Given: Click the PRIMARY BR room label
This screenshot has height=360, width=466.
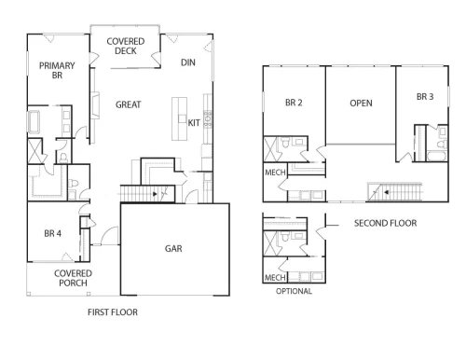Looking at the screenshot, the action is [57, 70].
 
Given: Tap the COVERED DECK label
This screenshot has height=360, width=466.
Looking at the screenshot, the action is [126, 46].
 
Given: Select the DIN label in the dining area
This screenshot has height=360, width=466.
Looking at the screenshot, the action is [188, 62].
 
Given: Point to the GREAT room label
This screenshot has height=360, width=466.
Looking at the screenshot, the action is [129, 104].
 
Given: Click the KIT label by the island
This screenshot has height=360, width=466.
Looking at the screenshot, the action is [194, 123].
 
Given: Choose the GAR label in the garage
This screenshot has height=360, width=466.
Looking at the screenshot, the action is [173, 248].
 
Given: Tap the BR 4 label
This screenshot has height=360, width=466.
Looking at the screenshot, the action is [53, 233].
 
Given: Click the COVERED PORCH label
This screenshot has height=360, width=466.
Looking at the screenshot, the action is [73, 278].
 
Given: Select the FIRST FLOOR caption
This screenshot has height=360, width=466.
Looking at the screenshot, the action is [113, 312].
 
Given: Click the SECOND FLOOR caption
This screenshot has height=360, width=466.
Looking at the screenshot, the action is [385, 223].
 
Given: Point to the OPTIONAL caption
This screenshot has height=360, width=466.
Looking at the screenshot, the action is [294, 291].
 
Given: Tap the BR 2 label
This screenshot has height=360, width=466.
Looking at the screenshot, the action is [294, 103].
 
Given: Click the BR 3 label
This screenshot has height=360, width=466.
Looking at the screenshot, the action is [425, 97].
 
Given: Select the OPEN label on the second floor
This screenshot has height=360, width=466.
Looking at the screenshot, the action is [361, 103].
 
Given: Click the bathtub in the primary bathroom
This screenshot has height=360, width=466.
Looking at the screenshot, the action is [34, 121].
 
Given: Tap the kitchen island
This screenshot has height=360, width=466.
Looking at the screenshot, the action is [180, 118].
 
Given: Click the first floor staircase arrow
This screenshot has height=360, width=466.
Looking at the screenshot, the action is [155, 194].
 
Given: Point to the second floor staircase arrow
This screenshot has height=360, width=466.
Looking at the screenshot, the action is [386, 192].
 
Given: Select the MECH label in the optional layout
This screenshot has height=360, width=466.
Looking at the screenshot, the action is [275, 277].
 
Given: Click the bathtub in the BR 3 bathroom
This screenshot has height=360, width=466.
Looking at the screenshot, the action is [437, 156].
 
